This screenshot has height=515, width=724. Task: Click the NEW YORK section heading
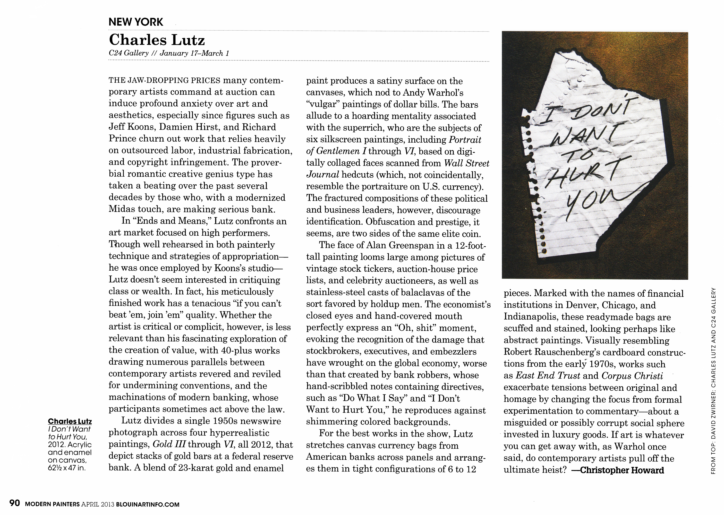pos(136,22)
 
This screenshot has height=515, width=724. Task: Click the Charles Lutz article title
pos(157,40)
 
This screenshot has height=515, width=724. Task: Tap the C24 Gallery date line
pos(169,53)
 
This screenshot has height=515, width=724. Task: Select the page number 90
pos(15,503)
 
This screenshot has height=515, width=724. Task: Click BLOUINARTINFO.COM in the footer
pos(148,504)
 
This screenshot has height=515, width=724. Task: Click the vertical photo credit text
pos(713,381)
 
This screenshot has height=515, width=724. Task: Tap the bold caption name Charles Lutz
pos(70,422)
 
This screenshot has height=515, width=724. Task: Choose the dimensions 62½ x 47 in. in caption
pos(67,468)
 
